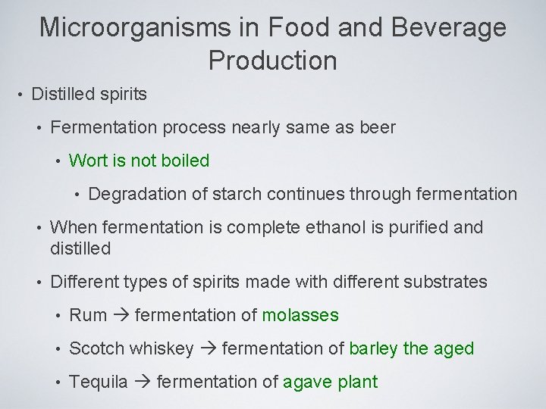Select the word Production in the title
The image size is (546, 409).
pyautogui.click(x=273, y=61)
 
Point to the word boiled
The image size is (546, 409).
pyautogui.click(x=185, y=161)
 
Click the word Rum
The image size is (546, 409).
pyautogui.click(x=87, y=315)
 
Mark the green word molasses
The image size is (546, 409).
pyautogui.click(x=300, y=315)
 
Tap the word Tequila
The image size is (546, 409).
pyautogui.click(x=99, y=382)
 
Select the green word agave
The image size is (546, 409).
pyautogui.click(x=308, y=382)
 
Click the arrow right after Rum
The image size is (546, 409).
pyautogui.click(x=120, y=315)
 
